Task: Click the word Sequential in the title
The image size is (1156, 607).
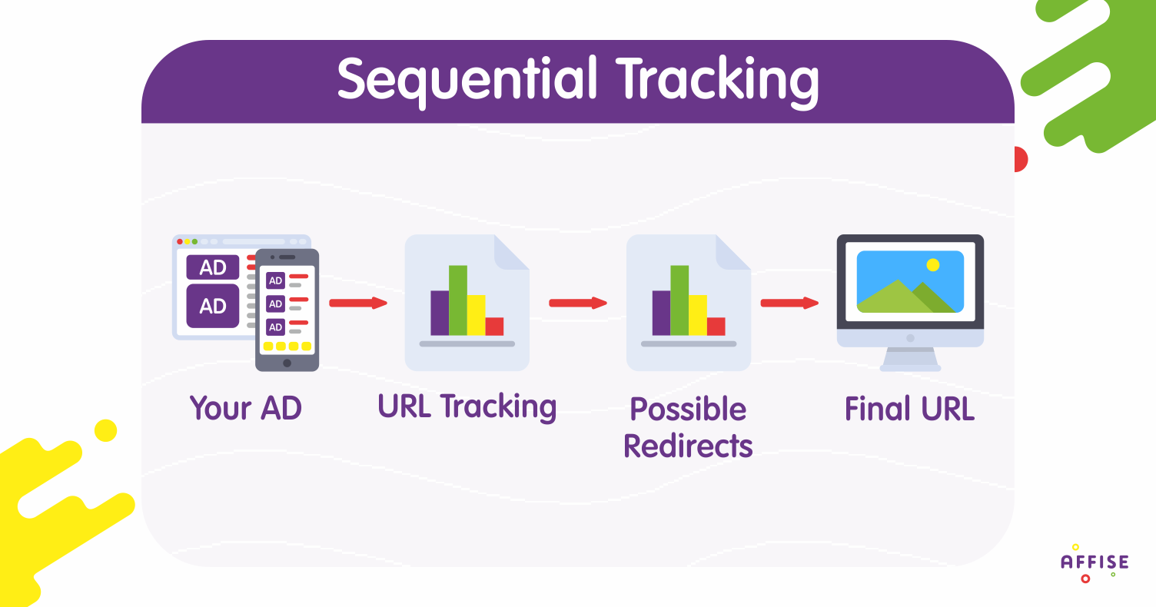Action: (x=467, y=80)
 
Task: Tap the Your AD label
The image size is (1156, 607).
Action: (x=246, y=409)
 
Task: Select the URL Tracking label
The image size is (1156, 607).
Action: (x=467, y=407)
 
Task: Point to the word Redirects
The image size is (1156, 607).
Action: (x=688, y=446)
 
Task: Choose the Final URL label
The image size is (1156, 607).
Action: (x=909, y=410)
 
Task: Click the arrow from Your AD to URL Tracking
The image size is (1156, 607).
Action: (x=358, y=303)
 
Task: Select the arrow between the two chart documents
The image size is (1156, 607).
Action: (x=578, y=303)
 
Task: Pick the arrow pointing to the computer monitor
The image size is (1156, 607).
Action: (x=789, y=303)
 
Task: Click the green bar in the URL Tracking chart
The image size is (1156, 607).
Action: (x=458, y=300)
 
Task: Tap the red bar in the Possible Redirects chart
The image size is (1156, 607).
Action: (x=716, y=327)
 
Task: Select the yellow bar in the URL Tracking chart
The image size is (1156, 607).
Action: (x=477, y=315)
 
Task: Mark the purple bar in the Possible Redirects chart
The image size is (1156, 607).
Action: (x=661, y=313)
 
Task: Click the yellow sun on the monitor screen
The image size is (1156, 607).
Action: (x=932, y=264)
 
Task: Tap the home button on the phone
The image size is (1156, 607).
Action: (x=287, y=363)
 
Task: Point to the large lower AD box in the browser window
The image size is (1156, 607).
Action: (x=213, y=306)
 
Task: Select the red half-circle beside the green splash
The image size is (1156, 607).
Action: (x=1021, y=159)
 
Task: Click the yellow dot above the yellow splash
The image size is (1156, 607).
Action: (x=106, y=430)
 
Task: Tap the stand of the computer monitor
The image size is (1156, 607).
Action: (x=910, y=359)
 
